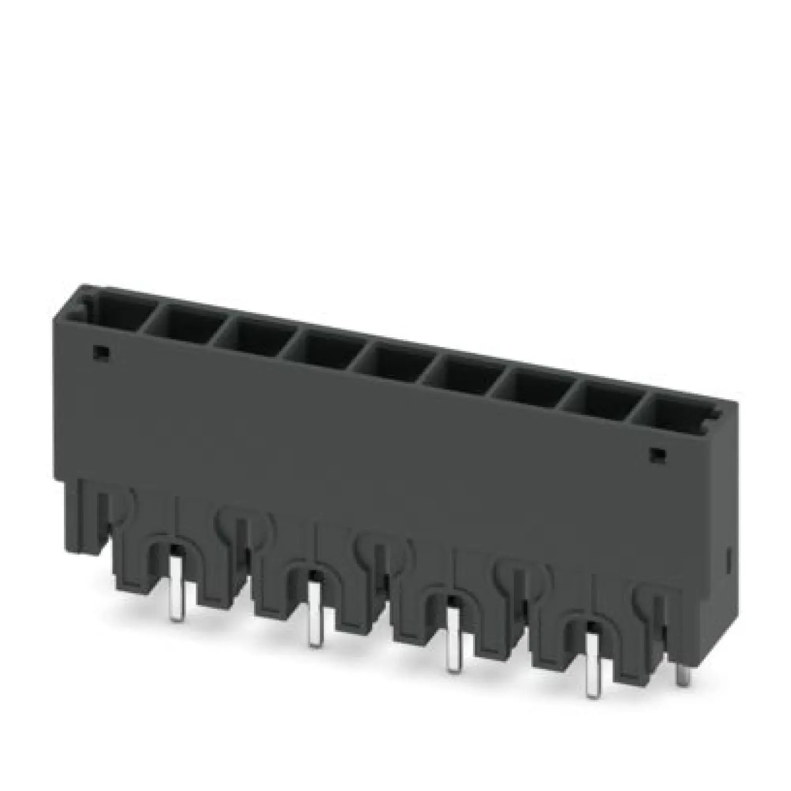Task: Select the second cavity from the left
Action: click(x=187, y=327)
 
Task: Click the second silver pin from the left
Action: click(x=314, y=624)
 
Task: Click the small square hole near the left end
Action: click(x=101, y=352)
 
